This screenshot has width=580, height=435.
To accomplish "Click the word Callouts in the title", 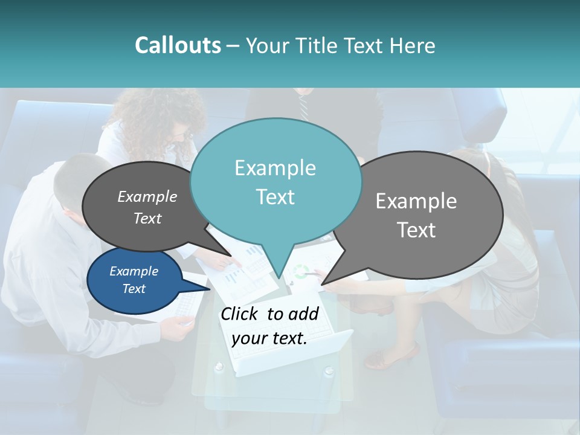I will click(178, 45).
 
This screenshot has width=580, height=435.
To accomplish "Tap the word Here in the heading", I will click(411, 45).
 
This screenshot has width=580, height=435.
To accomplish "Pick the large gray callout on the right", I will click(417, 214).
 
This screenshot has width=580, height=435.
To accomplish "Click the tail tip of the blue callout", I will click(210, 289).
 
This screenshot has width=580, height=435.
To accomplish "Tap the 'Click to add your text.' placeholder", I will click(269, 326).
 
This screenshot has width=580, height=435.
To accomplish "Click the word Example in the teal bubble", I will click(275, 168).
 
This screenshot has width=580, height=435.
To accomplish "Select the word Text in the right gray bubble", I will click(416, 230).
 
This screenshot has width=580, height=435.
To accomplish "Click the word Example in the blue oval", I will click(134, 271).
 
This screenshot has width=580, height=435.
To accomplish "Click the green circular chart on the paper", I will click(302, 271).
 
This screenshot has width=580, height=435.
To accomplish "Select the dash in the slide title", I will click(233, 45).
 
